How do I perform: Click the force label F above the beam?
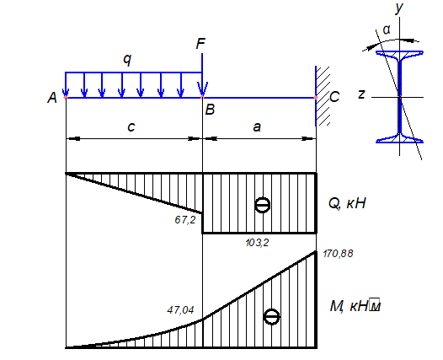tap(200, 44)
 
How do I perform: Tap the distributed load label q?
tap(127, 59)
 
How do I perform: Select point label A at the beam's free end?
tap(52, 98)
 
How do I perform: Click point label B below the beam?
tap(210, 110)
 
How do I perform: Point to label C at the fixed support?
tap(334, 97)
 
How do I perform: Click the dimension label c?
tap(131, 126)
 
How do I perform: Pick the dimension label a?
tap(257, 127)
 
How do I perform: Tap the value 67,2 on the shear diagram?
tap(185, 220)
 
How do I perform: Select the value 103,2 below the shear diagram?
tap(257, 242)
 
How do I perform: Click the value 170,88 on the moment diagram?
tap(338, 254)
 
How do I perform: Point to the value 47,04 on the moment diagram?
tap(180, 310)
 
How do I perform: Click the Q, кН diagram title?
tap(347, 203)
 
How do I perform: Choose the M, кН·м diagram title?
tap(355, 306)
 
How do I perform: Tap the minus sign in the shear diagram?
tap(263, 205)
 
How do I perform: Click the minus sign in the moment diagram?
tap(271, 317)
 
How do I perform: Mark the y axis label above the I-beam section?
tap(399, 8)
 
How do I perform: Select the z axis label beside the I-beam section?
tap(361, 94)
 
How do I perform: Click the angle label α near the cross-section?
tap(387, 30)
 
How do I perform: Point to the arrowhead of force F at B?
tap(202, 90)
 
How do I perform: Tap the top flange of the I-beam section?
tap(399, 54)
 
